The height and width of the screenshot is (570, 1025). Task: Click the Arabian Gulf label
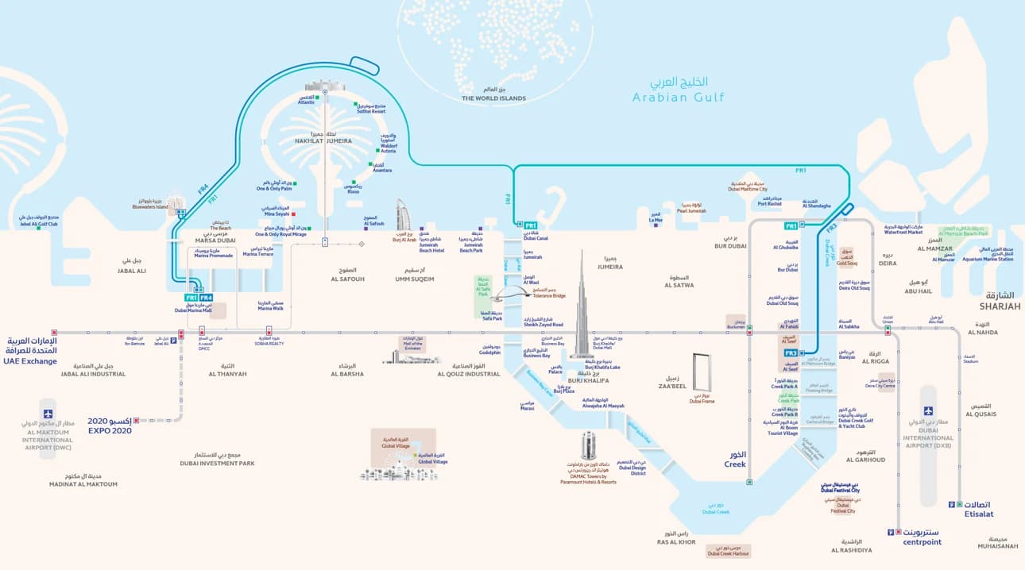(x=669, y=98)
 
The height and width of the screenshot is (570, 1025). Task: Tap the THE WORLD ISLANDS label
(x=493, y=98)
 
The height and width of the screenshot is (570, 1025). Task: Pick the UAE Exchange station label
(x=30, y=361)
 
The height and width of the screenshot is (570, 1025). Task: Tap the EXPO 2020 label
(x=109, y=430)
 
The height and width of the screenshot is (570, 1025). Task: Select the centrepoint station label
(x=922, y=542)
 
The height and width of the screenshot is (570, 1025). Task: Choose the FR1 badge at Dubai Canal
(x=531, y=226)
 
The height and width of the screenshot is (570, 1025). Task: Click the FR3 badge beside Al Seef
(x=791, y=352)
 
